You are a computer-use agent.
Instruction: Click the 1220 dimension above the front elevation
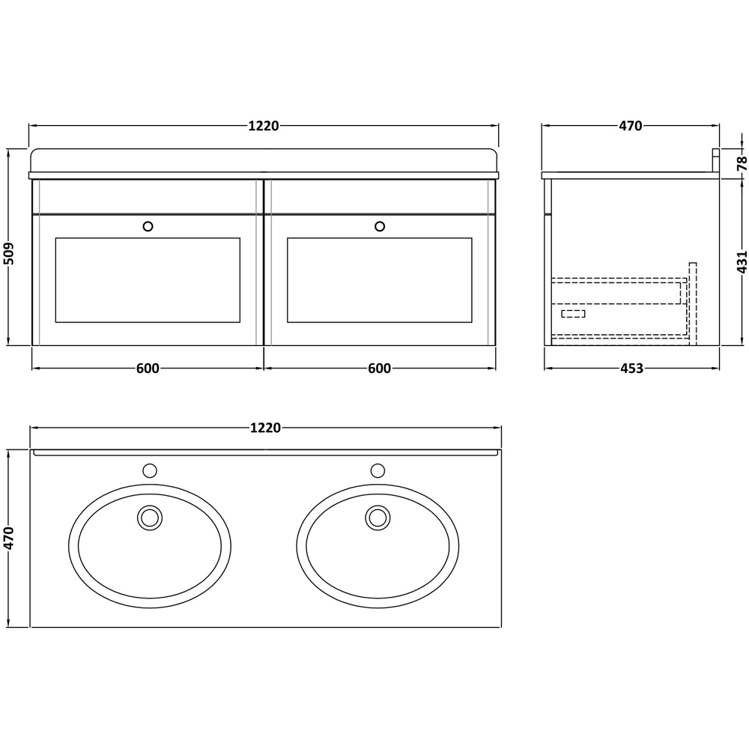(x=264, y=126)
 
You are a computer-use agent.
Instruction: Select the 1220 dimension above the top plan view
(x=264, y=428)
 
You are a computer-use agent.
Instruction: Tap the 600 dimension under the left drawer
(x=148, y=369)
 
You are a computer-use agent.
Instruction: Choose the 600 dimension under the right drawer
(x=380, y=369)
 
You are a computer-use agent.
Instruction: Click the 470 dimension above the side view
(x=630, y=126)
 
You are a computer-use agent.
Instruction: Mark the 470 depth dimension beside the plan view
(x=10, y=538)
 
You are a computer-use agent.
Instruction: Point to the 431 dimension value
(x=741, y=261)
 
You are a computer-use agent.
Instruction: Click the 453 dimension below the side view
(x=631, y=369)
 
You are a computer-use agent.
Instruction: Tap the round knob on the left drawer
(x=148, y=225)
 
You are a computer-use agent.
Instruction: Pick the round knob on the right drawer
(x=380, y=225)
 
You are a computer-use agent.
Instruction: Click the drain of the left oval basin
(x=150, y=518)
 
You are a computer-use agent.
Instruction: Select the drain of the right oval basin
(x=377, y=518)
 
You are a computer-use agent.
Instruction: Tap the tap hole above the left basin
(x=150, y=470)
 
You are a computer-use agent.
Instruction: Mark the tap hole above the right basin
(x=377, y=470)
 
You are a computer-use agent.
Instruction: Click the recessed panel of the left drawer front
(x=148, y=279)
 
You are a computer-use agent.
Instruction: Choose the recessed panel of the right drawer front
(x=380, y=279)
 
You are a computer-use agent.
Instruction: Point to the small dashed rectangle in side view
(x=573, y=314)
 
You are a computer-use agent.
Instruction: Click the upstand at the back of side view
(x=715, y=161)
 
